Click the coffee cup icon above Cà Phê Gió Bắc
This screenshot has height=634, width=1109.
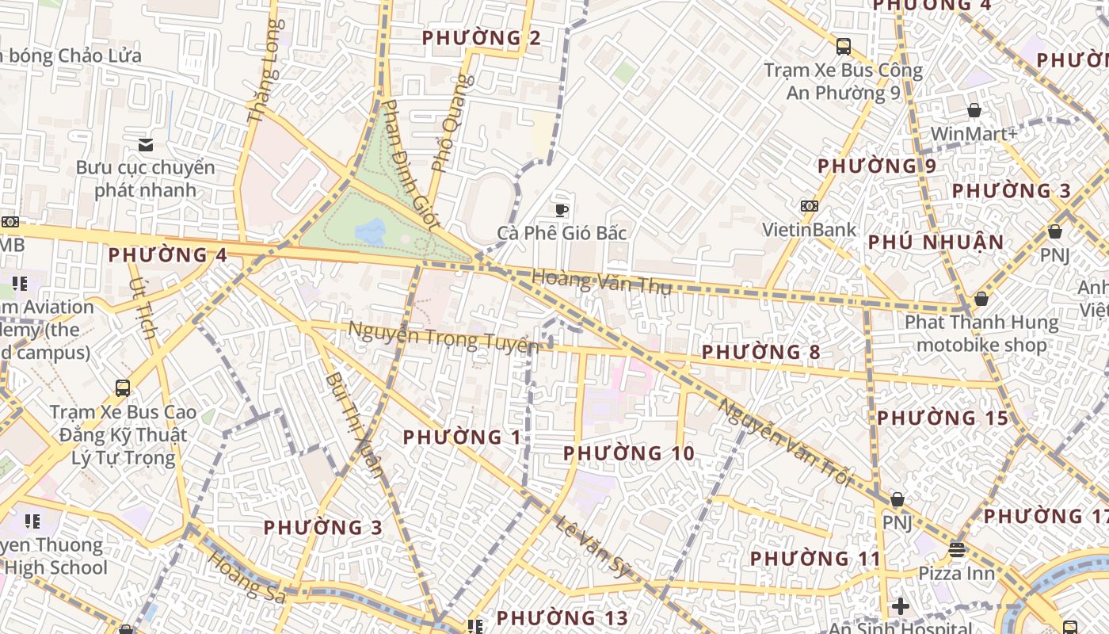(562, 209)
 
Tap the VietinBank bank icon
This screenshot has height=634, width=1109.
(809, 205)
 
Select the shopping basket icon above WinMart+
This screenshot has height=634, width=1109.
(974, 110)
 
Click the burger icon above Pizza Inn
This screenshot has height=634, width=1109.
(957, 548)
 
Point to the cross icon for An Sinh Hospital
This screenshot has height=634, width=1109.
(900, 606)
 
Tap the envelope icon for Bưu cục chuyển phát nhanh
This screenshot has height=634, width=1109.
(145, 144)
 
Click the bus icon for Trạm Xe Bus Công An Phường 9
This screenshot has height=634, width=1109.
(843, 46)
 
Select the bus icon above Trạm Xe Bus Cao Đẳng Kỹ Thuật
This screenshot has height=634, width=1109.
(123, 388)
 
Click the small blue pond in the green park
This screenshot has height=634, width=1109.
(371, 231)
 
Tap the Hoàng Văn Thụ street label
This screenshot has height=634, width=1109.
(601, 281)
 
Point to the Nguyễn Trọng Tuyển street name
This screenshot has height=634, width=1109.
(443, 338)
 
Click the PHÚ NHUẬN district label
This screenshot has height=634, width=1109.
(936, 243)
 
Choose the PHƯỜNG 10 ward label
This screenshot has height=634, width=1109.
(628, 453)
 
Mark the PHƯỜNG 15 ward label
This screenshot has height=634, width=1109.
(942, 418)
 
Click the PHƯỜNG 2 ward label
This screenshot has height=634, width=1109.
(482, 37)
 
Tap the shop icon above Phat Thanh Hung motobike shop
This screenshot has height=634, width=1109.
(981, 299)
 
